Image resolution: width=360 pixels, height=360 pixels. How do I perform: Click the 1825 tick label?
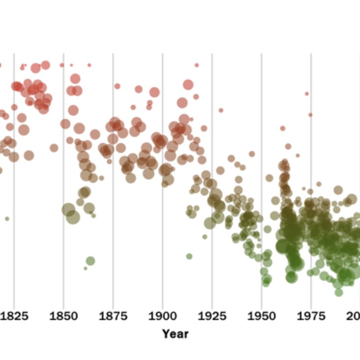click(x=14, y=316)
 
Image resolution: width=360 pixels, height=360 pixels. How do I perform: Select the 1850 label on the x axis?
click(x=63, y=316)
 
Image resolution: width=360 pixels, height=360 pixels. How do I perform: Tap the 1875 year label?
click(x=113, y=316)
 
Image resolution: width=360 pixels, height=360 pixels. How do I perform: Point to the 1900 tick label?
click(x=162, y=316)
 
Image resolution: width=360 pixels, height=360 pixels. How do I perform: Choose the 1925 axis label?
click(x=212, y=316)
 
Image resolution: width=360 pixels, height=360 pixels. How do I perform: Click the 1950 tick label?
click(x=261, y=316)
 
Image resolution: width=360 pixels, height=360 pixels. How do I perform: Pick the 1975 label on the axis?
click(x=311, y=316)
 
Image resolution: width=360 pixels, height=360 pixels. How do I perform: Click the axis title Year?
click(x=175, y=334)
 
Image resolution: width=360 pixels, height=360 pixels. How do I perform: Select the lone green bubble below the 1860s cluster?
click(x=90, y=261)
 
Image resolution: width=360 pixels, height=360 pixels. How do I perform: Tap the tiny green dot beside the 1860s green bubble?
click(x=85, y=268)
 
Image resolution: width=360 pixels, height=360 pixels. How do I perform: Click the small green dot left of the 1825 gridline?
click(x=7, y=219)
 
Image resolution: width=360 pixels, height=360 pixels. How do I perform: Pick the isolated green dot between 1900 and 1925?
click(x=189, y=256)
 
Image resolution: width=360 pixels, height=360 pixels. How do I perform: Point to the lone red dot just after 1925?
click(x=221, y=110)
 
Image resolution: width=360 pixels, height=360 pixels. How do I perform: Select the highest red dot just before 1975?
click(x=307, y=94)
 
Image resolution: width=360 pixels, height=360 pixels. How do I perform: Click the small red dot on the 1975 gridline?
click(x=310, y=115)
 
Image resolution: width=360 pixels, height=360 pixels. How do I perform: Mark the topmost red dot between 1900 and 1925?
click(x=197, y=65)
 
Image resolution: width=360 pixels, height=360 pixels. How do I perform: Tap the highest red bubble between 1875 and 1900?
click(x=117, y=86)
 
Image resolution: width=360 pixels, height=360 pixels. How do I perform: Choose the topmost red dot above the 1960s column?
click(x=282, y=128)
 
